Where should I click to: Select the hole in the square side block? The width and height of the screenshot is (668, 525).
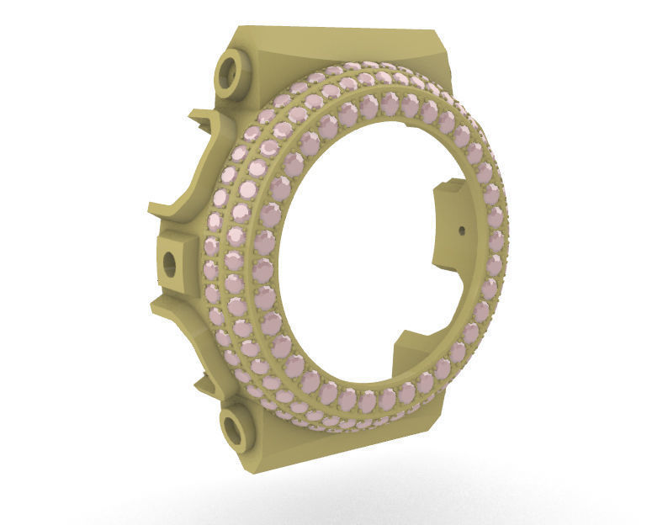coord(169,264)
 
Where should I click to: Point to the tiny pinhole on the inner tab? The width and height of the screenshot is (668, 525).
coord(462,228)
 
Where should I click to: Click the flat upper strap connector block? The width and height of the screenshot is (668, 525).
coord(337,46)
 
